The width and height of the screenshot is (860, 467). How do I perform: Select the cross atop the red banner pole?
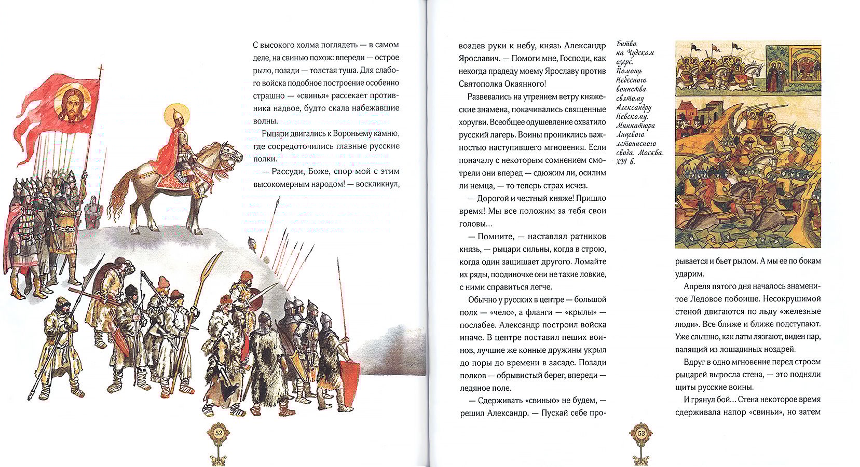[x=100, y=70]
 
